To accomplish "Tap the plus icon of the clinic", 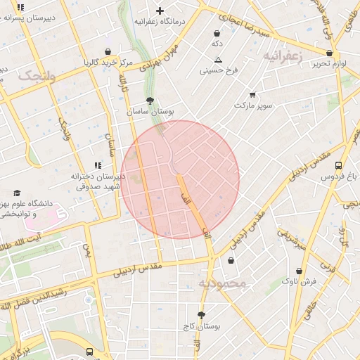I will [160, 11].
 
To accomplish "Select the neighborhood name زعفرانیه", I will [283, 55].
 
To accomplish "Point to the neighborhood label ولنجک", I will [37, 75].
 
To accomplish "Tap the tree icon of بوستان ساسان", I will [150, 101].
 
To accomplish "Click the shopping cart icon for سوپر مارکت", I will [252, 94].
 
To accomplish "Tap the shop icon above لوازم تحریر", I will [330, 53].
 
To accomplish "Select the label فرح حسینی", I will [219, 70].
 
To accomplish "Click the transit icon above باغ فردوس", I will [339, 165].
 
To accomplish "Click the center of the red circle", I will [180, 179].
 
